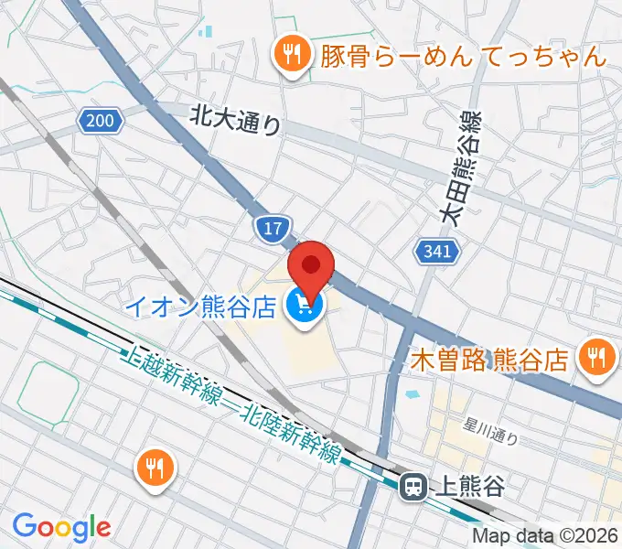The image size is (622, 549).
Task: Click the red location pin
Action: pos(311,267)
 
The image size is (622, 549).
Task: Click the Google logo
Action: pos(61,527)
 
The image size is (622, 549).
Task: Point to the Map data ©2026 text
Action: pos(544,536)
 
